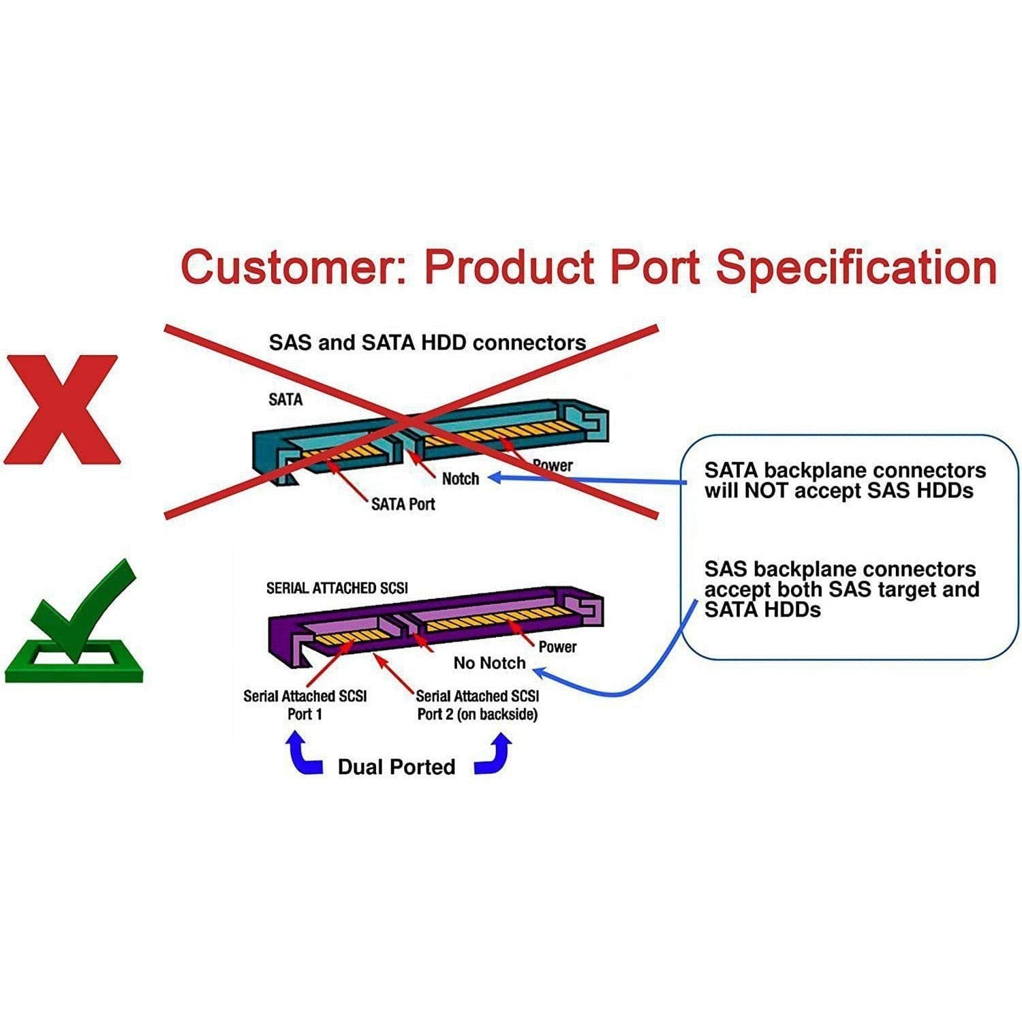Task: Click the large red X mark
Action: pos(62,410)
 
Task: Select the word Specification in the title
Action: pos(855,267)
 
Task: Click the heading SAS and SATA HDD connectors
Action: pos(427,342)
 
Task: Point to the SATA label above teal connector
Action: pos(285,399)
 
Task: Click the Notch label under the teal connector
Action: pos(461,479)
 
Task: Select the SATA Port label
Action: pos(403,504)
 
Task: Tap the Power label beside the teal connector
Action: pos(553,465)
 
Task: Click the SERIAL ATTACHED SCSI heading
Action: pos(337,588)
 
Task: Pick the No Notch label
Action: pos(489,663)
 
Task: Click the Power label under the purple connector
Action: pos(557,647)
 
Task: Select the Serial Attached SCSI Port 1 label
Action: pos(305,704)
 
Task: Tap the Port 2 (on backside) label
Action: pos(477,714)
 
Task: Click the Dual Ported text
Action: pos(396,767)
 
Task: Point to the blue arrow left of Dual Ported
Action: pos(303,755)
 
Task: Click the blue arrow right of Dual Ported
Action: pos(493,755)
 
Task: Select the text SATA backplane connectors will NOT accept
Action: pos(844,480)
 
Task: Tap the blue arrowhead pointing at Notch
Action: pos(496,478)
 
